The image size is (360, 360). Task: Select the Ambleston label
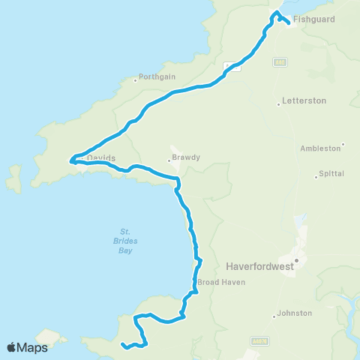tap(320, 148)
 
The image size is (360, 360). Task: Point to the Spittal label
tap(331, 173)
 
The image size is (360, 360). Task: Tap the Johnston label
tap(294, 313)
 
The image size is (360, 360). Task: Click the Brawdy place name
tap(184, 158)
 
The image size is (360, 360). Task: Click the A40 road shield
tap(279, 61)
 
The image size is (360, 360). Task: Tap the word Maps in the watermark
tap(33, 347)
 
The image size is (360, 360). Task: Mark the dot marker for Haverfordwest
tap(296, 260)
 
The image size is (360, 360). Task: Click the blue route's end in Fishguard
tap(289, 22)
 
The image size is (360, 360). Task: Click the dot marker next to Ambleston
tap(343, 145)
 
